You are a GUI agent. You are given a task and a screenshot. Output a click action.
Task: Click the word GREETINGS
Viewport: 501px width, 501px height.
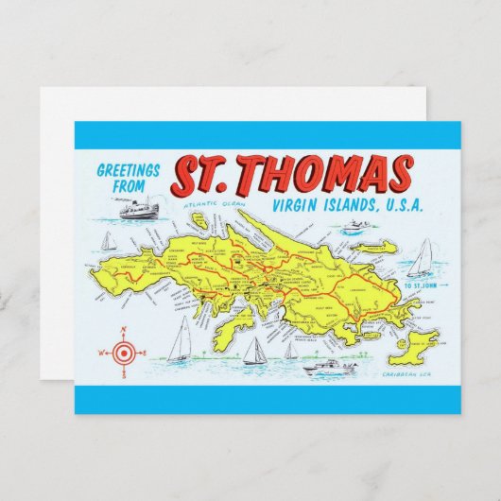pyautogui.click(x=130, y=171)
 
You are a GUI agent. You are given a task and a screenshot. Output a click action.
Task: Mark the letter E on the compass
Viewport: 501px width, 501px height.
pyautogui.click(x=145, y=353)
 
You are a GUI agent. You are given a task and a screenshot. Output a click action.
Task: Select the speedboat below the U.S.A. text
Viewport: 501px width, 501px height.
pyautogui.click(x=353, y=227)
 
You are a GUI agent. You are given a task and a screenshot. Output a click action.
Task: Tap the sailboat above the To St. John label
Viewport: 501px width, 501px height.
pyautogui.click(x=423, y=258)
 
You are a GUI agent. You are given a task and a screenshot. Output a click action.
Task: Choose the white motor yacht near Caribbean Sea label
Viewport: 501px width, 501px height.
pyautogui.click(x=331, y=367)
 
